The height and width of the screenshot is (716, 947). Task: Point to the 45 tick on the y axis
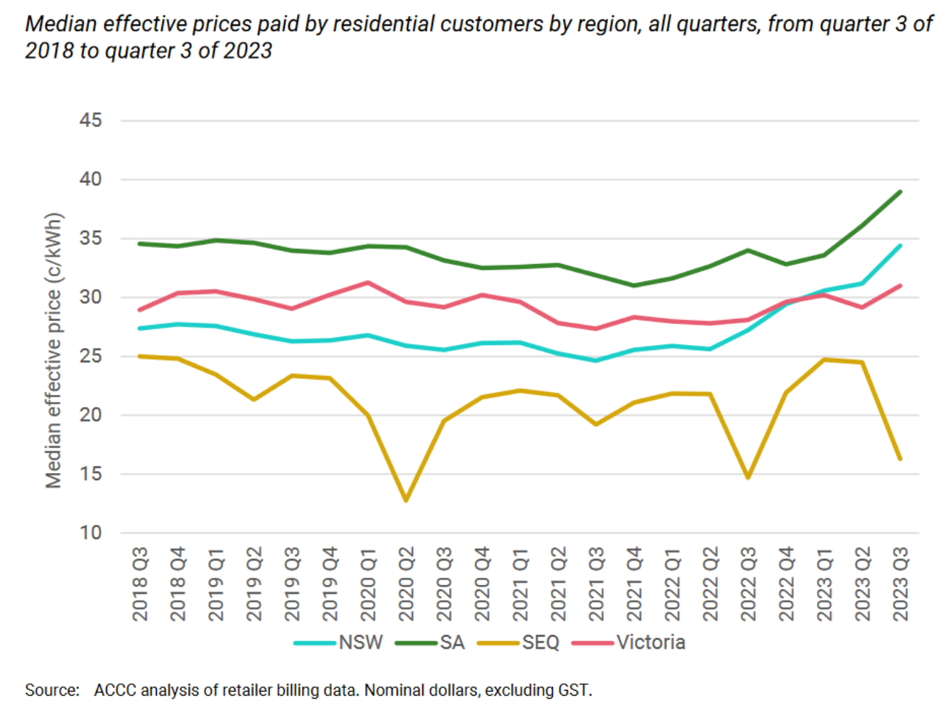(91, 120)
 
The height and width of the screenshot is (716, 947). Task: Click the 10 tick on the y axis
(91, 533)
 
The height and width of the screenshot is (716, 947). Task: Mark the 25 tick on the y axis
(91, 356)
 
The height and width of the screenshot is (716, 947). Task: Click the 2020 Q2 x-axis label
(406, 584)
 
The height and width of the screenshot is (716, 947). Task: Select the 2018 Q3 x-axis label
(140, 584)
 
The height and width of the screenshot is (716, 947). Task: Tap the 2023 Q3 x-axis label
(901, 584)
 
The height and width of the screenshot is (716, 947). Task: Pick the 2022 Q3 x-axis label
(748, 584)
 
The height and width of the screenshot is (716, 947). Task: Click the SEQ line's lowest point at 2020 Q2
(406, 500)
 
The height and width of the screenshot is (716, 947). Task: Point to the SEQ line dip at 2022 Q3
(748, 477)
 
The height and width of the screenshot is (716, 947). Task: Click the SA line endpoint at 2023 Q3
(900, 192)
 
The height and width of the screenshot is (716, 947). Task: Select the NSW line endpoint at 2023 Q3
(900, 246)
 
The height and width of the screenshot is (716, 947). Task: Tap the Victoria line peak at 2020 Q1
(369, 283)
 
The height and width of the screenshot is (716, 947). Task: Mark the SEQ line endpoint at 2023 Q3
(900, 459)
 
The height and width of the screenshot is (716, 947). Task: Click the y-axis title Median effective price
(53, 351)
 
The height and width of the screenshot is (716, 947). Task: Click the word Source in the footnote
(52, 690)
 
